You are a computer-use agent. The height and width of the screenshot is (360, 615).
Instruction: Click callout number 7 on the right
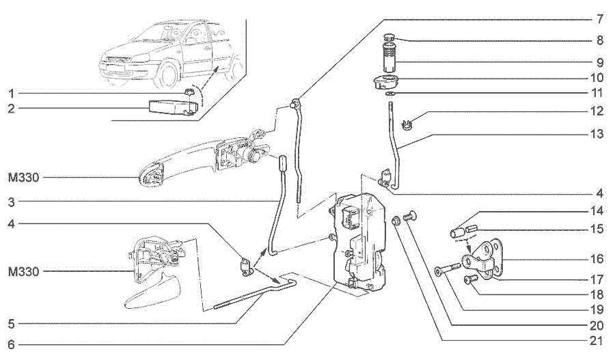[x=599, y=19]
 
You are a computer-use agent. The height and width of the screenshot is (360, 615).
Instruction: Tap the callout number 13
[x=597, y=135]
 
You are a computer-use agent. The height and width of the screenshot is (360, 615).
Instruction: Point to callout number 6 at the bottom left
[x=11, y=345]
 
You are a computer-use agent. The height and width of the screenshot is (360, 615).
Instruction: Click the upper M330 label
[x=23, y=178]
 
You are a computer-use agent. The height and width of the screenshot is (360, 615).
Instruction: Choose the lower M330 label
[x=23, y=272]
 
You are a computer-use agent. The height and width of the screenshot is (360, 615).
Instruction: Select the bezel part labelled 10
[x=386, y=83]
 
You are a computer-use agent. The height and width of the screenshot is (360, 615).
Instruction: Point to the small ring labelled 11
[x=389, y=94]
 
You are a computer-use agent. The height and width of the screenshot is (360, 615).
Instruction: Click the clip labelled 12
[x=407, y=126]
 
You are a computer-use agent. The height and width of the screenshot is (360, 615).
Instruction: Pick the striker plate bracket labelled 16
[x=483, y=259]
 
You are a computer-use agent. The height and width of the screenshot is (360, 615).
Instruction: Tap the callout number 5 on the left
[x=11, y=324]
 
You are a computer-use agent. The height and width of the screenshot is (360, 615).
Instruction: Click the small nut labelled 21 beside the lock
[x=396, y=221]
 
